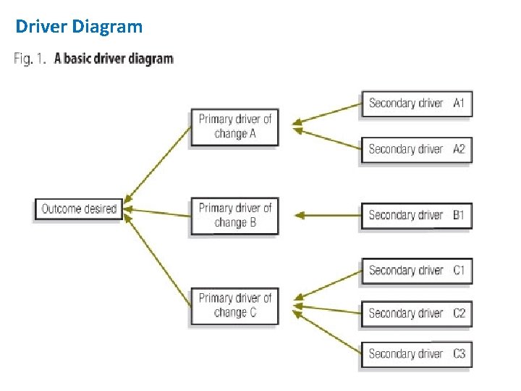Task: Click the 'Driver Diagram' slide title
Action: (x=79, y=28)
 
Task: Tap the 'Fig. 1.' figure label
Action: (x=30, y=59)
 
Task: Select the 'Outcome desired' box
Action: (x=79, y=209)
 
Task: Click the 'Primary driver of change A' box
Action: (x=234, y=127)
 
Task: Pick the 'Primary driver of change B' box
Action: (x=234, y=215)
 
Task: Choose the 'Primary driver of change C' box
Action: (x=234, y=306)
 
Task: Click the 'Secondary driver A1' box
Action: (x=416, y=103)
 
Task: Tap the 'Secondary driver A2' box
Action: (x=416, y=149)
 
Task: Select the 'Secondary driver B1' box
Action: (x=416, y=215)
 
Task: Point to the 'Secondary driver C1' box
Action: (x=416, y=270)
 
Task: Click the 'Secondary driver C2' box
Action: (x=416, y=314)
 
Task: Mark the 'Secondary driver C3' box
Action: (x=416, y=354)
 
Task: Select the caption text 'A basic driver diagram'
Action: (x=114, y=59)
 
